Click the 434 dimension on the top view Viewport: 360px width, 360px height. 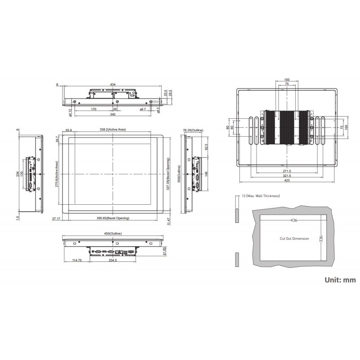pyautogui.click(x=112, y=84)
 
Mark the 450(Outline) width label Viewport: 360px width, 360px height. pyautogui.click(x=113, y=234)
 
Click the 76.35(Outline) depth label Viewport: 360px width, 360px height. pyautogui.click(x=193, y=130)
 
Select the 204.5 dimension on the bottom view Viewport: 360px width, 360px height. pyautogui.click(x=112, y=260)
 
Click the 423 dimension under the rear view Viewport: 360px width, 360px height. pyautogui.click(x=287, y=182)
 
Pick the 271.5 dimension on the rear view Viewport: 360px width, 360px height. pyautogui.click(x=287, y=171)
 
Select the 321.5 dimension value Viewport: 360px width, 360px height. pyautogui.click(x=287, y=176)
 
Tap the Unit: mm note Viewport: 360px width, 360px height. pyautogui.click(x=340, y=279)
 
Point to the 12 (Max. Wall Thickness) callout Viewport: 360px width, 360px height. pyautogui.click(x=273, y=196)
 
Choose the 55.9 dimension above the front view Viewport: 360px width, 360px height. pyautogui.click(x=69, y=130)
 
